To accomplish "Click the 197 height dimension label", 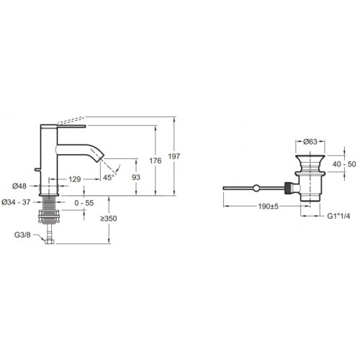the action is (x=174, y=156).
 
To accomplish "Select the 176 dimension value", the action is (x=156, y=161).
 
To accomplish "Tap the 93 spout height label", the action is (x=136, y=177).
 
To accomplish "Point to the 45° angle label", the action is (x=108, y=178).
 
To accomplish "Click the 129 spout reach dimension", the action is (x=75, y=179).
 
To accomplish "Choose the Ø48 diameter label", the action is (x=19, y=186).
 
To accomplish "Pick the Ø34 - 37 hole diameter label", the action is (x=16, y=202).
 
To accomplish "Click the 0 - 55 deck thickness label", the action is (x=84, y=203).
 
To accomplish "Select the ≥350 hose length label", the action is (x=109, y=219).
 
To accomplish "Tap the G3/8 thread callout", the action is (x=22, y=235).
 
